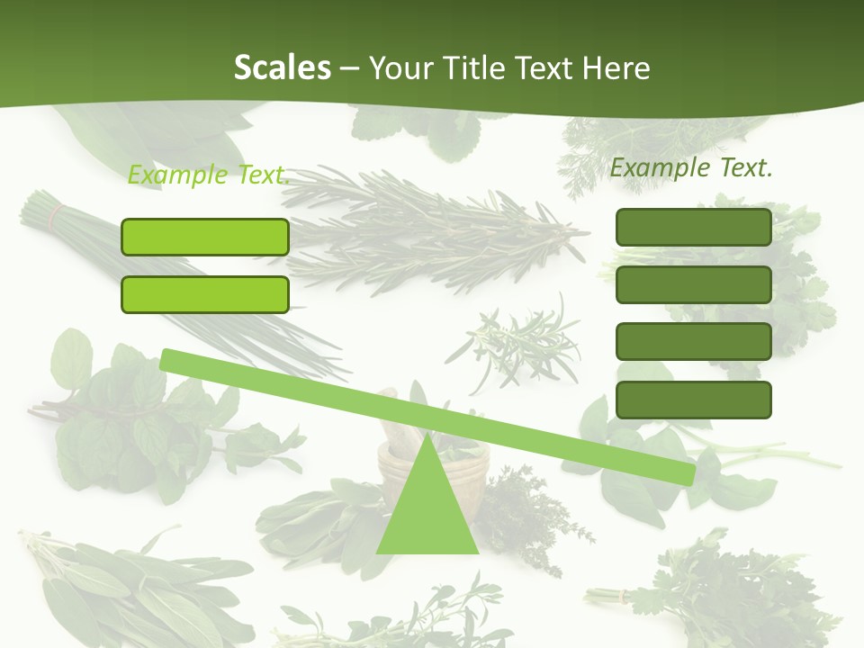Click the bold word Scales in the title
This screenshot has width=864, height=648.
click(282, 67)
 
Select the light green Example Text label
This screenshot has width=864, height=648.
click(208, 174)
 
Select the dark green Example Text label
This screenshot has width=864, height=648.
click(691, 166)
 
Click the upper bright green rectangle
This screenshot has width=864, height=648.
click(205, 237)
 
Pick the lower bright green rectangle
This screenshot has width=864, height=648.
click(205, 294)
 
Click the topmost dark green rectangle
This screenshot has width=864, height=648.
click(694, 227)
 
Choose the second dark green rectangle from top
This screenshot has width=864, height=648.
click(694, 284)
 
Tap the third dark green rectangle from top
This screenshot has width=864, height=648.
click(694, 342)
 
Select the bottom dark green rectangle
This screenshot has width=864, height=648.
click(694, 400)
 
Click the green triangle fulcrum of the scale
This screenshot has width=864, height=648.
click(427, 508)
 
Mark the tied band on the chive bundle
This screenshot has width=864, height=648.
click(57, 216)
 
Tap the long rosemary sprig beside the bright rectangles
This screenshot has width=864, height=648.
click(432, 229)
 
